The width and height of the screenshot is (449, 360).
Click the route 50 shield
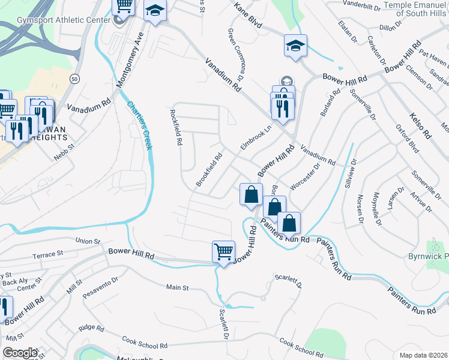pyautogui.click(x=74, y=79)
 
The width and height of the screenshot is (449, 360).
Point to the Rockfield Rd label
pyautogui.click(x=176, y=127)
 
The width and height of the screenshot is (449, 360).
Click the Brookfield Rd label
pyautogui.click(x=209, y=170)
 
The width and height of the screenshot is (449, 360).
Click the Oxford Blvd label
pyautogui.click(x=405, y=139)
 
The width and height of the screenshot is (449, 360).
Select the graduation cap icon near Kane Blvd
pyautogui.click(x=295, y=46)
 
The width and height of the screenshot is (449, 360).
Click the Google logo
pyautogui.click(x=20, y=353)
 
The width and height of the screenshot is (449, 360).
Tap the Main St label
pyautogui.click(x=177, y=288)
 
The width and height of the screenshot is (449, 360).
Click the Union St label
pyautogui.click(x=88, y=241)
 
